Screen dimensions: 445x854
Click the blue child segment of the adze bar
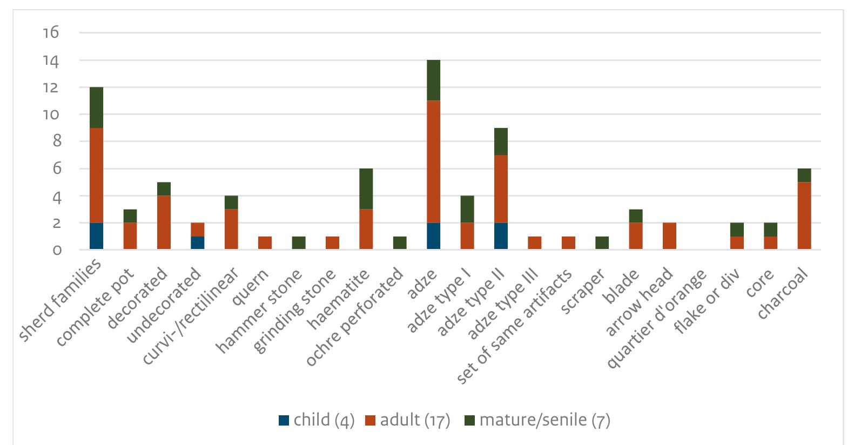[x=433, y=236]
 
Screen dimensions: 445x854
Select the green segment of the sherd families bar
[x=96, y=107]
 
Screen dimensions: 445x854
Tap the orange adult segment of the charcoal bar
[x=804, y=215]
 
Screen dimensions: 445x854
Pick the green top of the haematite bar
[x=366, y=188]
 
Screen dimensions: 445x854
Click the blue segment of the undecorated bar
[x=197, y=242]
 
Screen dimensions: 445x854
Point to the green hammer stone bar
[x=298, y=242]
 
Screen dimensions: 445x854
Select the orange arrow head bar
[x=669, y=236]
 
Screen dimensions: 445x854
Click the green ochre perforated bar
[x=400, y=242]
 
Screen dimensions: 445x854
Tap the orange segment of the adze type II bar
[x=501, y=188]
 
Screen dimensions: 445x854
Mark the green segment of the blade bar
[x=635, y=215]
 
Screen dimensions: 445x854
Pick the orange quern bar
[x=265, y=242]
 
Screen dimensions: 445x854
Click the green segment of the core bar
[x=770, y=229]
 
